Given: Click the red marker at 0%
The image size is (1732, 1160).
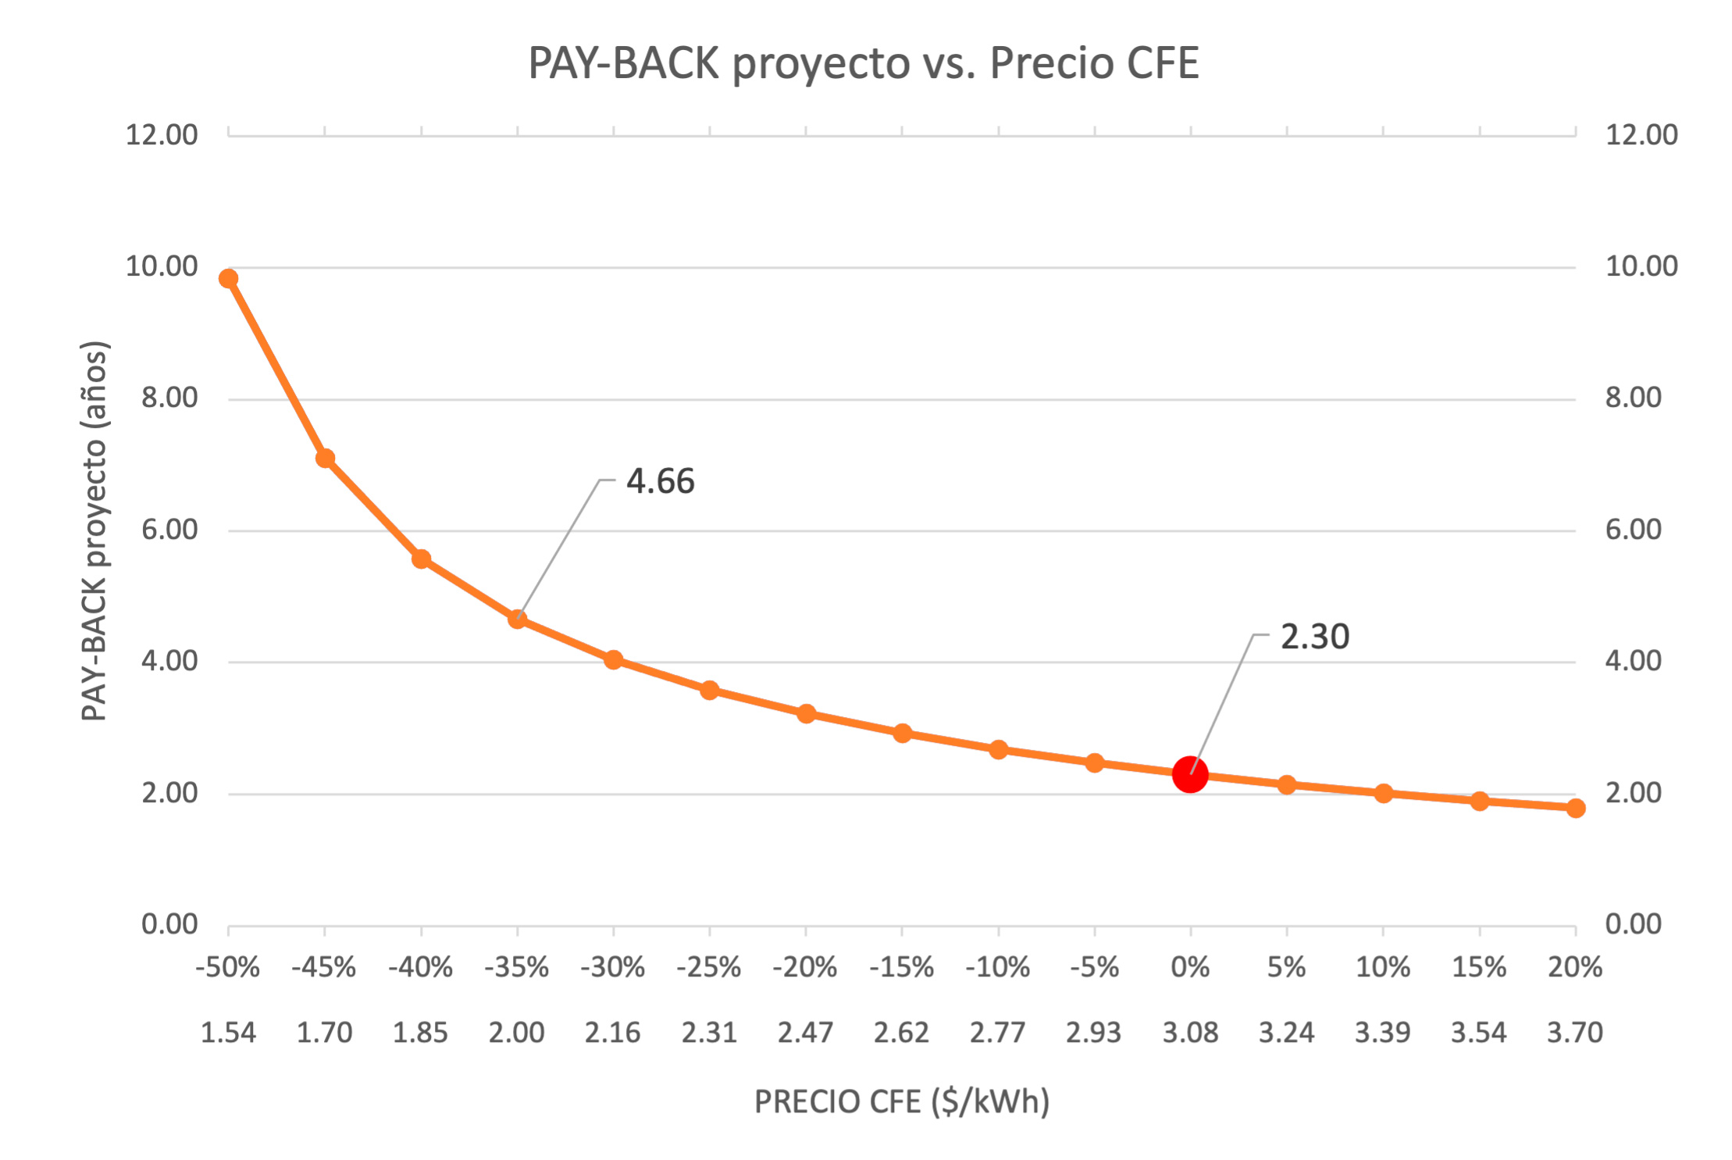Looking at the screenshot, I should tap(1190, 774).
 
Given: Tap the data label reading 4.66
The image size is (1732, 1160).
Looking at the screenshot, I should tap(660, 481).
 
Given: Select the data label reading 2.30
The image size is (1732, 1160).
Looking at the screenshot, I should tap(1314, 637).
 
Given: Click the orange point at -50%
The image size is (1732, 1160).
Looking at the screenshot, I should tap(228, 279).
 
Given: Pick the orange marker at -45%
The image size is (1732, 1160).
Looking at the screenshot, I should tap(325, 459).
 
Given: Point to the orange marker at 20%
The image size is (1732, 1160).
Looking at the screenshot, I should tap(1575, 808).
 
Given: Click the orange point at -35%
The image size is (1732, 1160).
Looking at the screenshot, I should tap(517, 619).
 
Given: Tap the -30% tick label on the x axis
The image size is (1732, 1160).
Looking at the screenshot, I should tap(612, 968).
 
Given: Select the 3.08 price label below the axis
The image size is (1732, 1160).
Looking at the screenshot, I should tap(1190, 1033).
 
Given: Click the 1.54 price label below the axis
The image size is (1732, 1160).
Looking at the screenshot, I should tap(228, 1033).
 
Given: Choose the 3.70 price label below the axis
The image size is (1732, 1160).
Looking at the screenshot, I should tap(1574, 1033).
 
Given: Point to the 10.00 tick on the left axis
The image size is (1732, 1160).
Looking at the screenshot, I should tap(162, 266).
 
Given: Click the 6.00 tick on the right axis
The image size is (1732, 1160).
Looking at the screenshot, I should tap(1633, 530).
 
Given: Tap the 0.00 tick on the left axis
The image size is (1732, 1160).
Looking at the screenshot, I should tap(169, 924).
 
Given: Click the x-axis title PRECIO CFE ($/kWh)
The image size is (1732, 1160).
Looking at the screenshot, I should tap(901, 1101).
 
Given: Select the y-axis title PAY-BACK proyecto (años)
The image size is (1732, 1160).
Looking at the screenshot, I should tap(94, 530).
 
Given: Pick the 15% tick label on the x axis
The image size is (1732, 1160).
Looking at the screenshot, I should tap(1478, 968).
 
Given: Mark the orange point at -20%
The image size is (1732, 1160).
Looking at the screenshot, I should tap(806, 713).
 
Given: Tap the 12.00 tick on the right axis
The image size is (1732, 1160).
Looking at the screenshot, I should tap(1641, 134).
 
